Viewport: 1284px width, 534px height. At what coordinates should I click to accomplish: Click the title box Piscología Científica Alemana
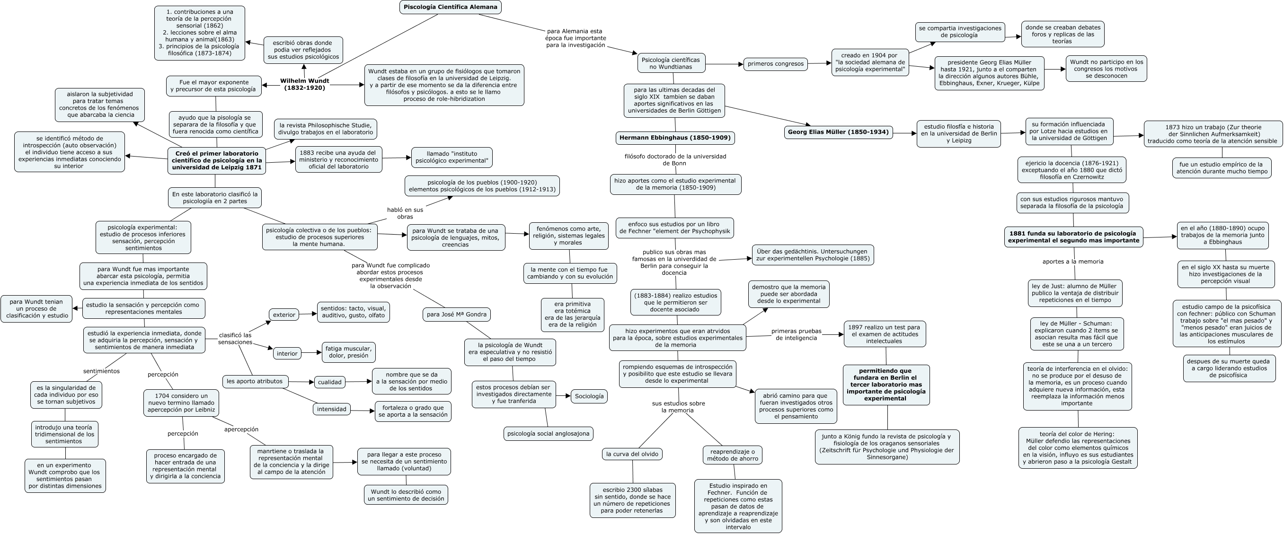[450, 7]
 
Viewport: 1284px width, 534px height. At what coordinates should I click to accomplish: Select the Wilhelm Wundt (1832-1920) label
[304, 84]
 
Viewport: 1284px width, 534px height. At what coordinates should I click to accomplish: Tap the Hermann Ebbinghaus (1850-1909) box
[675, 138]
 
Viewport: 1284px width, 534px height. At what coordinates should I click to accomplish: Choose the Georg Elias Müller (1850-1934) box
[838, 132]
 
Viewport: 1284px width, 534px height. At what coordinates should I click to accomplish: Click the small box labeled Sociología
[589, 396]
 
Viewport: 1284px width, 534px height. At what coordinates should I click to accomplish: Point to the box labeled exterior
[284, 315]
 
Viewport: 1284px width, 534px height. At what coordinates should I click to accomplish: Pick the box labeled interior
[287, 353]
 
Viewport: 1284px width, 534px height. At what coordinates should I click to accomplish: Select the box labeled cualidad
[330, 382]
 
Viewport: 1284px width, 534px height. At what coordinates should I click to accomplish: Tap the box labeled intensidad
[331, 409]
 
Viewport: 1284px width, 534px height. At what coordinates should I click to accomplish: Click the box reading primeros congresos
[775, 64]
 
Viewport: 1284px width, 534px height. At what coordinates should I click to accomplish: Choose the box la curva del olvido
[632, 454]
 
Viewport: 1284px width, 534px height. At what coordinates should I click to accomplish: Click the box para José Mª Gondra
[456, 315]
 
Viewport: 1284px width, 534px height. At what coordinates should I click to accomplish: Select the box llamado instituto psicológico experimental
[452, 158]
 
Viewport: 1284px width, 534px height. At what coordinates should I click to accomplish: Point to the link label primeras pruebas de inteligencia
[796, 334]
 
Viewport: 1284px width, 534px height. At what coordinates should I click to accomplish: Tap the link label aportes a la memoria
[1072, 262]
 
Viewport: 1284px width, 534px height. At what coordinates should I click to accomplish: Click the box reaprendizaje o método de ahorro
[732, 455]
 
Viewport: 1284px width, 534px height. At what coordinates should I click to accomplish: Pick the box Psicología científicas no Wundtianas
[671, 63]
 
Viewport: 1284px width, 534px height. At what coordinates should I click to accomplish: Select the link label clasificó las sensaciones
[235, 338]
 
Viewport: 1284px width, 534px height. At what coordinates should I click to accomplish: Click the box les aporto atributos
[255, 381]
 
